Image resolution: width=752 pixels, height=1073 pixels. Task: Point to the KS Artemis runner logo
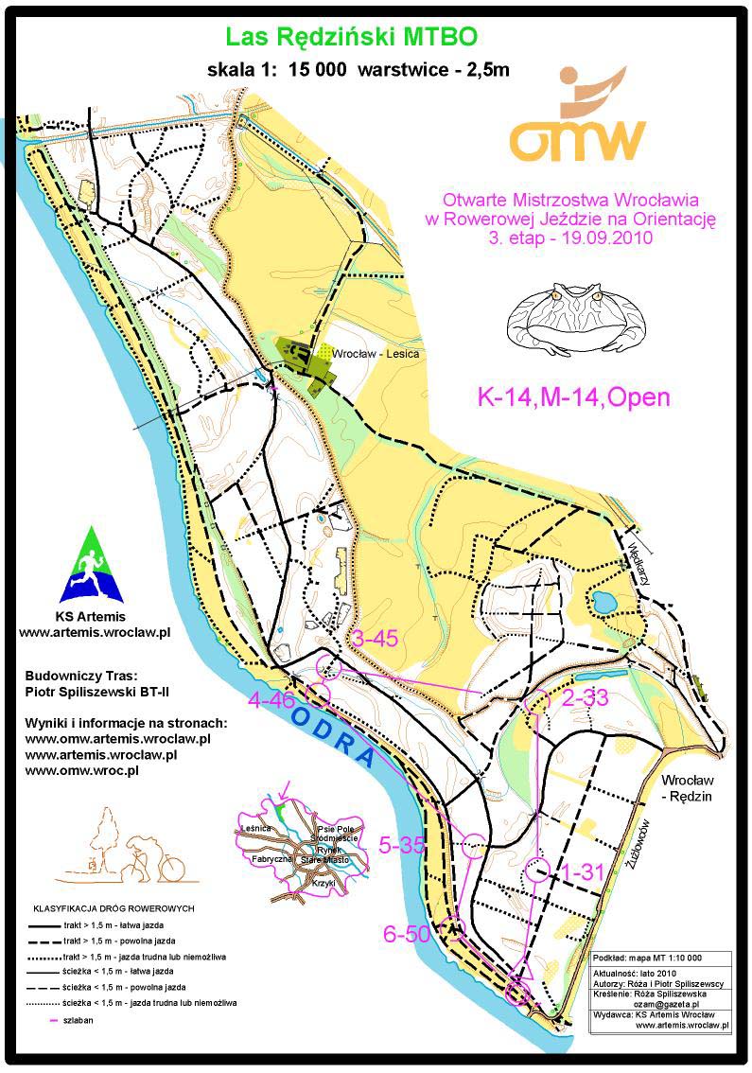point(92,567)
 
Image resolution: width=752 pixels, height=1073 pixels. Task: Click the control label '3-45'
point(374,640)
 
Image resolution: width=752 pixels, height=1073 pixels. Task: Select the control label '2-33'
point(584,698)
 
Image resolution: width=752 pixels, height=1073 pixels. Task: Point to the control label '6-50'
point(407,934)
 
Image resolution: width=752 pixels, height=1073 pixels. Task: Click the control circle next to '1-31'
point(537,870)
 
